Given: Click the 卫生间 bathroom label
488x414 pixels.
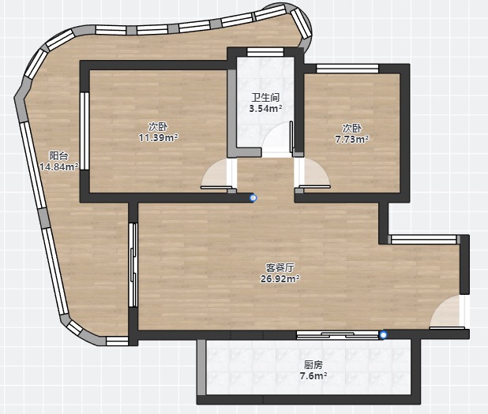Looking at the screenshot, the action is click(x=265, y=97).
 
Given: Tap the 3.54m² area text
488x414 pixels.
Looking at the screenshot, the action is click(x=265, y=109).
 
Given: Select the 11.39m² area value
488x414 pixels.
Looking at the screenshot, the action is click(x=159, y=137).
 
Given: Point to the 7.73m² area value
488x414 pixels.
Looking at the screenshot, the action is click(x=351, y=140).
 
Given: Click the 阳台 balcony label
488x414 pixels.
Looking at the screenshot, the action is click(x=58, y=155).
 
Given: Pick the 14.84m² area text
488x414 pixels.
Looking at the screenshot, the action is click(x=59, y=167).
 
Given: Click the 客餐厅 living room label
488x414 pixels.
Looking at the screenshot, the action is click(x=280, y=267).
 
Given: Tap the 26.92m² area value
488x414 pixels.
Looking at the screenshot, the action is click(x=280, y=279).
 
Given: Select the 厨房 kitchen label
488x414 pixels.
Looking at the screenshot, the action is click(x=313, y=364).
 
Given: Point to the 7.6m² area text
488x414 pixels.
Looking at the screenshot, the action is click(x=313, y=376).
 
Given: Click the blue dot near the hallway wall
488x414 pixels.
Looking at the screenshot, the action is click(x=253, y=198).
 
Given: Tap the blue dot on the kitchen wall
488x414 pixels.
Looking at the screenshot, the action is click(x=383, y=334).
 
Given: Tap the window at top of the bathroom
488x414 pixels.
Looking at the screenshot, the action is click(x=265, y=52).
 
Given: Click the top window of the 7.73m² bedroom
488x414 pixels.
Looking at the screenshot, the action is click(x=347, y=69).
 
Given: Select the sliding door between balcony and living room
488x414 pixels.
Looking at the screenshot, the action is click(x=133, y=265).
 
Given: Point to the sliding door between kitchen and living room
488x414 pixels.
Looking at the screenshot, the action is click(x=337, y=334).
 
